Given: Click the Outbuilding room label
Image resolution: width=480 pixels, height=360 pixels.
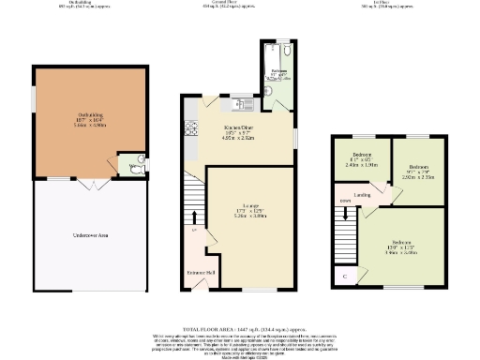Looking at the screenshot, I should pyautogui.click(x=90, y=118).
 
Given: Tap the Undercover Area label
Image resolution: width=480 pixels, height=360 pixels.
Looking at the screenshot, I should pyautogui.click(x=91, y=234).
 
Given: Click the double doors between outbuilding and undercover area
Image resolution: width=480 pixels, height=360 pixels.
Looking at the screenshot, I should pyautogui.click(x=91, y=180).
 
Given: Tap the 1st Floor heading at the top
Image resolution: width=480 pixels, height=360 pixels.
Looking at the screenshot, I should pyautogui.click(x=384, y=3).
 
